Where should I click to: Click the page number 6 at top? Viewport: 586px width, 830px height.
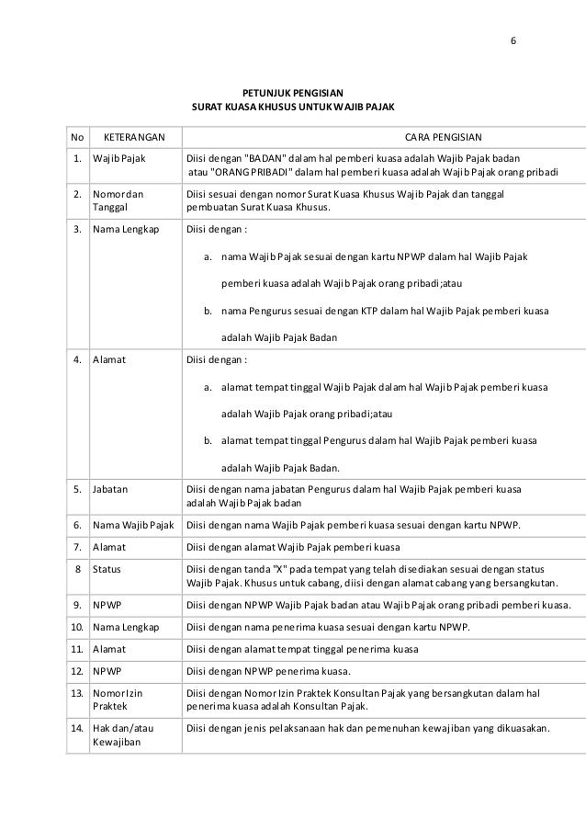click(x=513, y=41)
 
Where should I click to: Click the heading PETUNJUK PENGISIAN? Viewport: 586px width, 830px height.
click(x=292, y=94)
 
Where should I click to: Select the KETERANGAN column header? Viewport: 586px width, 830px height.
click(x=134, y=137)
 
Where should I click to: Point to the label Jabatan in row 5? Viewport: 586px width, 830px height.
click(x=110, y=488)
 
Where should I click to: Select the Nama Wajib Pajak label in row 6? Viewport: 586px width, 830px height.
click(x=133, y=525)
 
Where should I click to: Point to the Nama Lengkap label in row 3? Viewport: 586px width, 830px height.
click(x=125, y=229)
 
